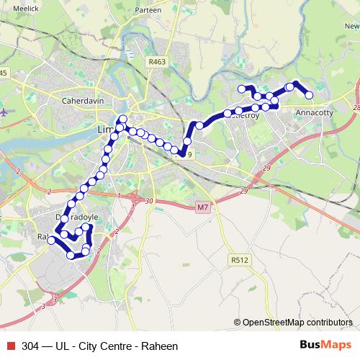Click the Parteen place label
(x=148, y=11)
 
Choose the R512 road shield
(x=239, y=259)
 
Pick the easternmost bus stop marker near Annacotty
(x=310, y=95)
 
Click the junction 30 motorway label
(x=149, y=201)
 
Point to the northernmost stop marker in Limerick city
(x=123, y=119)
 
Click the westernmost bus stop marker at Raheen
(x=51, y=240)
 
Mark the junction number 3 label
(x=55, y=297)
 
